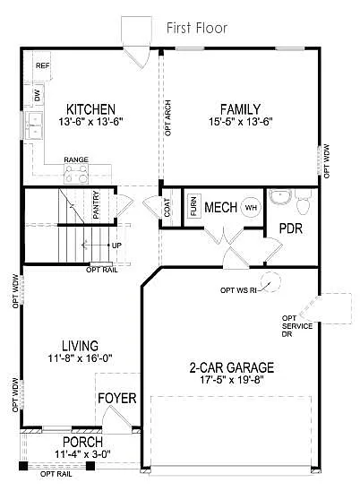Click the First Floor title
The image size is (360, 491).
click(197, 29)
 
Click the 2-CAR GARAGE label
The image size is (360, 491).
click(231, 367)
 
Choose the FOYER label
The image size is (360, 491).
click(116, 397)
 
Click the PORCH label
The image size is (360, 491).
click(81, 443)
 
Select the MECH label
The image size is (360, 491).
click(220, 208)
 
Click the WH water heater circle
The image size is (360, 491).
click(251, 208)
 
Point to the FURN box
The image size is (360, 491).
click(193, 208)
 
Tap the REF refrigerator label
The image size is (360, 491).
click(41, 66)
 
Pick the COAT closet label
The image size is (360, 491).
click(167, 208)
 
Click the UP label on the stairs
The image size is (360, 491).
click(116, 244)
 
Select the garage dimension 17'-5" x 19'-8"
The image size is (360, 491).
click(231, 380)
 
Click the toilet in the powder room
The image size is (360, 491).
click(303, 206)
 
